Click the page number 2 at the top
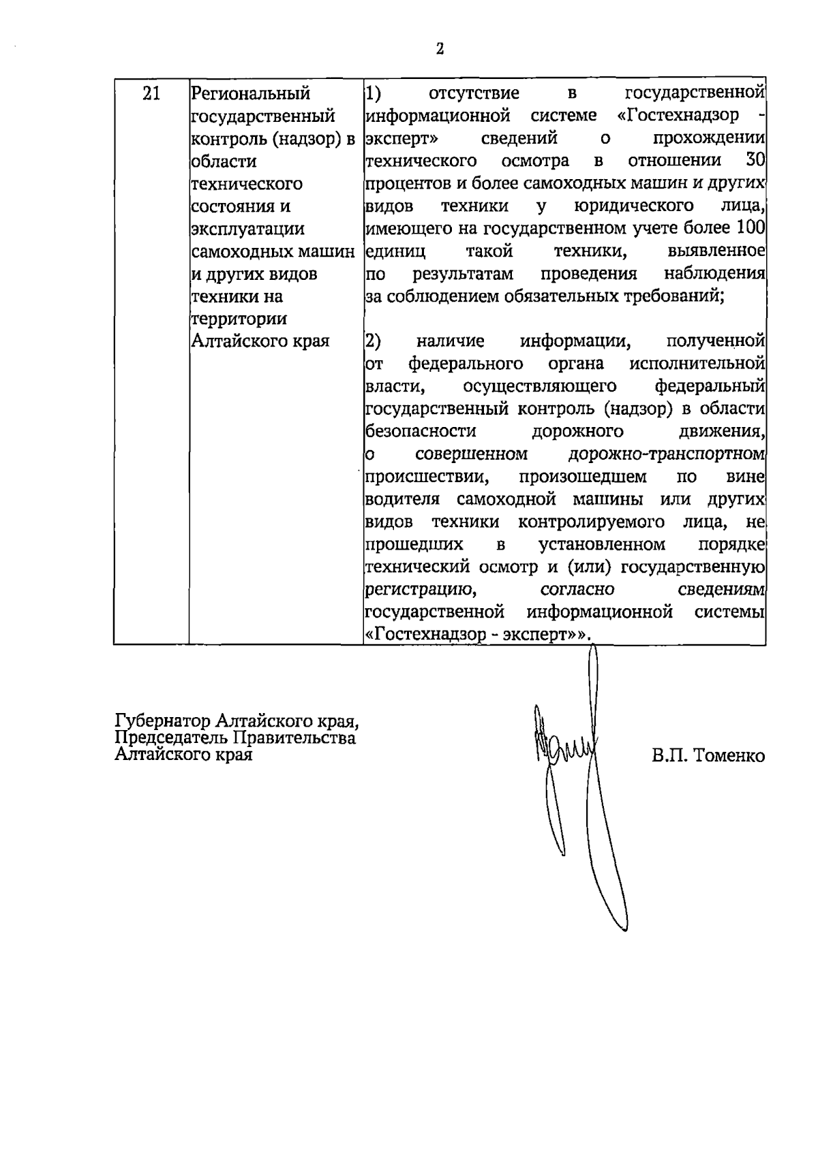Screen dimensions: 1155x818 point(440,49)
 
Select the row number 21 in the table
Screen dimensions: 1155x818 point(151,93)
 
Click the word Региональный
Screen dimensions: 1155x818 point(250,93)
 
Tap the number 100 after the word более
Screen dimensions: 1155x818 point(751,228)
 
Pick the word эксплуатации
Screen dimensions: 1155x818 point(247,229)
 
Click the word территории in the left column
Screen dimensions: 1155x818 point(239,319)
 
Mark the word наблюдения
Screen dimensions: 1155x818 point(714,274)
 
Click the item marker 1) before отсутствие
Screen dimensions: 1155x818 point(374,93)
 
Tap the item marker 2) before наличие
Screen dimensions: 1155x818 point(374,341)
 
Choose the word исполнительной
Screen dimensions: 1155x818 point(697,363)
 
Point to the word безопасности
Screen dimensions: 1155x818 point(421,431)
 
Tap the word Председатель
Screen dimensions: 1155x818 point(171,738)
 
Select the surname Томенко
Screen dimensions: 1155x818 point(729,757)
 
